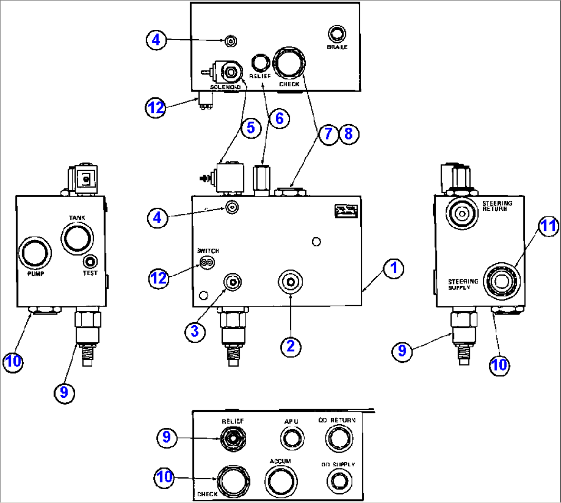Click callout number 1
click(x=393, y=269)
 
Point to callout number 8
click(x=348, y=135)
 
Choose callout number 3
click(x=195, y=332)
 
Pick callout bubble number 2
click(x=290, y=346)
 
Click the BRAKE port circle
click(x=337, y=35)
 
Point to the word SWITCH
click(x=208, y=251)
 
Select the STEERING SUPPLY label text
click(x=462, y=284)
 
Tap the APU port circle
click(x=290, y=439)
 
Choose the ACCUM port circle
click(x=281, y=480)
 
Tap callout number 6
click(x=278, y=118)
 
